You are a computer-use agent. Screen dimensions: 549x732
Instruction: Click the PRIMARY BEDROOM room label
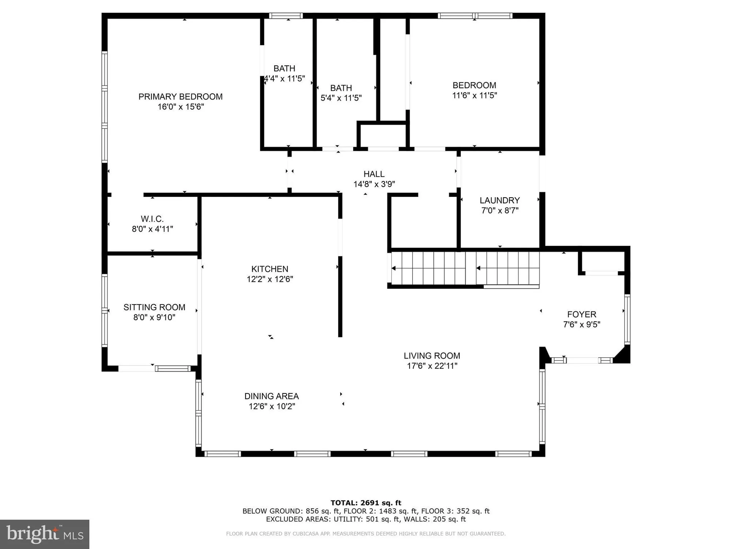click(x=180, y=97)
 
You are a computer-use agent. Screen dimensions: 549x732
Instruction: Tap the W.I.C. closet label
click(x=152, y=219)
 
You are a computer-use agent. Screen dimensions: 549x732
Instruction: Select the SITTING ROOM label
click(x=154, y=307)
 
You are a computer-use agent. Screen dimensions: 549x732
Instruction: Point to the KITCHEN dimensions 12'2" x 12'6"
click(x=270, y=279)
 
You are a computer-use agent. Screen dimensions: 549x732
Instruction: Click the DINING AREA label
click(x=272, y=396)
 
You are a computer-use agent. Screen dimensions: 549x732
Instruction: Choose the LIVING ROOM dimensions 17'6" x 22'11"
click(x=432, y=366)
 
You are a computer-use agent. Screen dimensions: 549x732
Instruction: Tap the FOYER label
click(x=582, y=314)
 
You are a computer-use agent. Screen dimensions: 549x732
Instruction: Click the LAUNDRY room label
click(x=500, y=201)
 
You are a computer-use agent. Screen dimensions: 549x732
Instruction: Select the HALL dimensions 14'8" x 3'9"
click(x=374, y=184)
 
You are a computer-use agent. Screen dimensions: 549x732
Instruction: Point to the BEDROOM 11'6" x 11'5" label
click(x=474, y=90)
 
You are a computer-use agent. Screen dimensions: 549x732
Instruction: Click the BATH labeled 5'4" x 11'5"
click(x=341, y=93)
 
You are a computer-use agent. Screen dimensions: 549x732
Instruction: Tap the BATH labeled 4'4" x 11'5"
click(x=284, y=73)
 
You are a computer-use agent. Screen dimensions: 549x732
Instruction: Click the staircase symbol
click(x=465, y=268)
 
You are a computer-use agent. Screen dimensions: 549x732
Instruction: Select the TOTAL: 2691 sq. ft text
click(x=366, y=503)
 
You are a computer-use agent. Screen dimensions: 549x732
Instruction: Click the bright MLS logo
click(x=45, y=534)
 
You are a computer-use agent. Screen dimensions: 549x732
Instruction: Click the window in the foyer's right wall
click(x=627, y=319)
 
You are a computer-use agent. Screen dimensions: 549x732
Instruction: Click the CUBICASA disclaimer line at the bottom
click(x=366, y=534)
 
